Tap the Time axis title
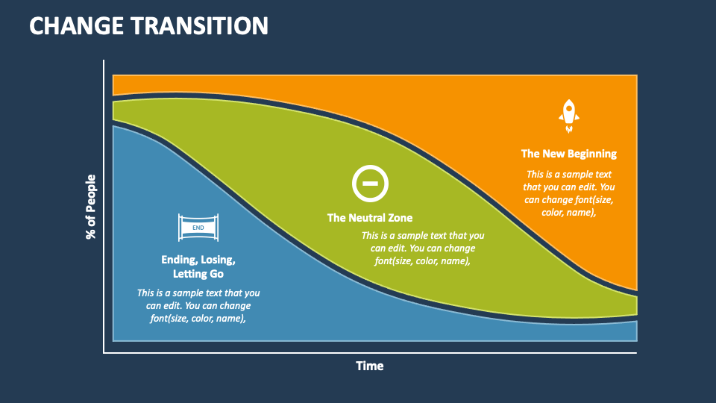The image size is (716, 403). click(369, 366)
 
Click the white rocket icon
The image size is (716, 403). click(568, 115)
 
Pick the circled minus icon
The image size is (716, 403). click(370, 183)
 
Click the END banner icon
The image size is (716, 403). click(198, 227)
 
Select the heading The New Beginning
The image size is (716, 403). click(568, 154)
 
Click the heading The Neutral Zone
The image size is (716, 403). click(369, 218)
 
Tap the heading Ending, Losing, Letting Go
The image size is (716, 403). click(198, 267)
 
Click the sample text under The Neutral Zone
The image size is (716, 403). click(423, 248)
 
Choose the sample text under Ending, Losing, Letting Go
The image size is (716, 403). click(198, 305)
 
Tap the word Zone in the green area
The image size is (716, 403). click(399, 218)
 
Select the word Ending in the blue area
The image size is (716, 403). click(178, 260)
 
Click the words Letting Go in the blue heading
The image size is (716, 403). click(198, 275)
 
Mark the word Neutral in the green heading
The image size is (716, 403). click(366, 218)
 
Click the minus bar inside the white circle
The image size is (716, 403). click(370, 183)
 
